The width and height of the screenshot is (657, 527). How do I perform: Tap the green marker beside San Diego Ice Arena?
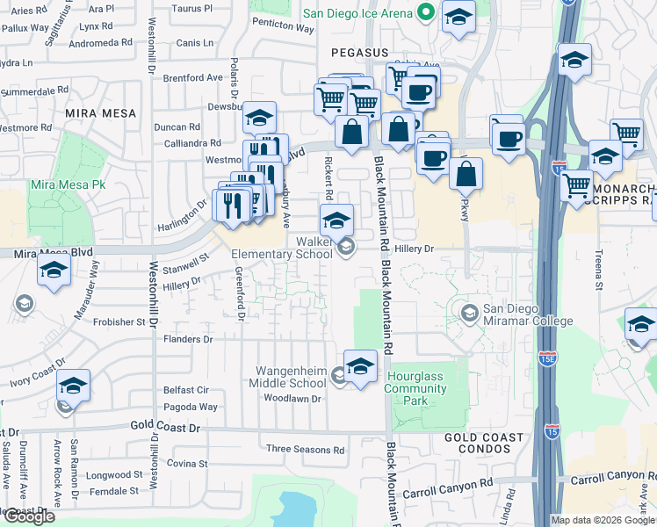[426, 12]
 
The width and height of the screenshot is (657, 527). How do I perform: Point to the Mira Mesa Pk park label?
[68, 185]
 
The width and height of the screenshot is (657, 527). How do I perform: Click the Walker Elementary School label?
[282, 247]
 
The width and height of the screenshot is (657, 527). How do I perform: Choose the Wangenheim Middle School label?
[291, 377]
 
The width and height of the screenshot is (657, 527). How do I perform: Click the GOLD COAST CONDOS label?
[484, 443]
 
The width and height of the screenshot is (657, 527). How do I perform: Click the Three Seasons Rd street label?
[305, 450]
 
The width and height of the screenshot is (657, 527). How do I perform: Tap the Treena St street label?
[599, 267]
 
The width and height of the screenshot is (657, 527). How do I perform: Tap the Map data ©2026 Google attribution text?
[603, 520]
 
